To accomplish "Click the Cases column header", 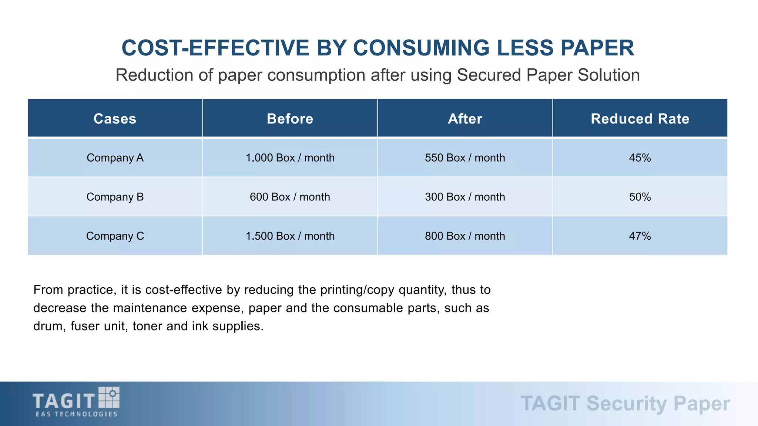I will pos(115,119).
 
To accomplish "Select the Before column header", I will pos(290,119).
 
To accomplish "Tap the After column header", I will pos(465,119).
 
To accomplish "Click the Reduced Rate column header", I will pos(640,119).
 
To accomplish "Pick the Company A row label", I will pos(115,158).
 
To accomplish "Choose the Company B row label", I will pos(115,197).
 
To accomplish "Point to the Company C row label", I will pos(115,236).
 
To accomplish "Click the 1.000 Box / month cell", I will pos(290,158).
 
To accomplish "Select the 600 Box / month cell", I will pos(290,197).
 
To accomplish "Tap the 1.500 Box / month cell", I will pos(290,236).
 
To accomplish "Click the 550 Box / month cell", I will pos(465,158).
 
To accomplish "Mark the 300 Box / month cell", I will pos(465,197).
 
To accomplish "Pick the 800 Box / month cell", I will pos(465,236).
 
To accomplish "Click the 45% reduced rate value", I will pos(640,158).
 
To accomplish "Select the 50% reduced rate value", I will pos(640,197).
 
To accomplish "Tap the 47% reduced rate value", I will pos(640,236).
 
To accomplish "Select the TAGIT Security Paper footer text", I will pos(625,403).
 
